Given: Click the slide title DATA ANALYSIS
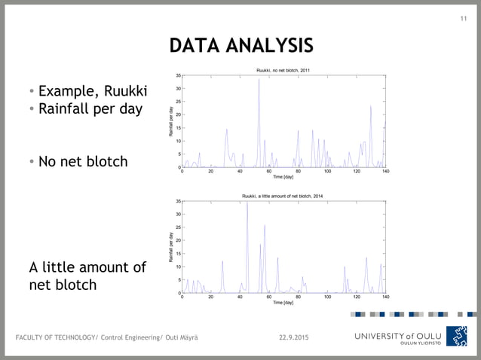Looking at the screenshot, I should pyautogui.click(x=240, y=46).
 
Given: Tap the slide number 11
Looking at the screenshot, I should pyautogui.click(x=464, y=19).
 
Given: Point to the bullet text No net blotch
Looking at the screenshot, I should pyautogui.click(x=83, y=161).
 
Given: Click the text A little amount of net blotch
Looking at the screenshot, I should pyautogui.click(x=87, y=276).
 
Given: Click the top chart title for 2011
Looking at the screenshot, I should pyautogui.click(x=283, y=70).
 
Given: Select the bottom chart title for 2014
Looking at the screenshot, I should pyautogui.click(x=283, y=196).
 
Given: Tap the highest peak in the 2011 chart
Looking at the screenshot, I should pyautogui.click(x=259, y=80).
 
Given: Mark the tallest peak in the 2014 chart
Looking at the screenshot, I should pyautogui.click(x=247, y=203).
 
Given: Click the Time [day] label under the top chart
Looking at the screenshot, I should pyautogui.click(x=283, y=177).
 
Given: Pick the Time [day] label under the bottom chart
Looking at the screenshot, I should pyautogui.click(x=283, y=303).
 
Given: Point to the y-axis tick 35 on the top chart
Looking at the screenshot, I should pyautogui.click(x=177, y=75).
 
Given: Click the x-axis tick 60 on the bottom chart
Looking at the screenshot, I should pyautogui.click(x=269, y=297).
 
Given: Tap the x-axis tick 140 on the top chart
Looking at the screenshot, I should pyautogui.click(x=385, y=171).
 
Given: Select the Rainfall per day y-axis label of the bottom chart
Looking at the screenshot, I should pyautogui.click(x=172, y=247).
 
